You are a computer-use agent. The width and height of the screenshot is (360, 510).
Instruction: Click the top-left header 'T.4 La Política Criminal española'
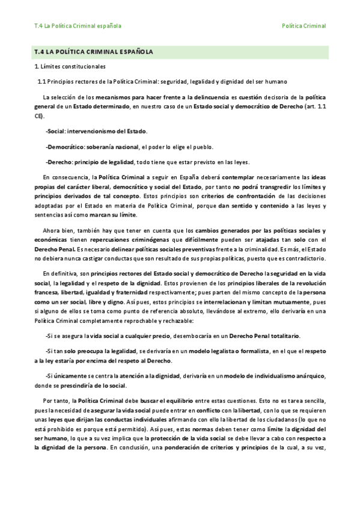tap(78, 26)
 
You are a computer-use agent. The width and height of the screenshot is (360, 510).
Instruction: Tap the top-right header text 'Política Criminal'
tap(304, 26)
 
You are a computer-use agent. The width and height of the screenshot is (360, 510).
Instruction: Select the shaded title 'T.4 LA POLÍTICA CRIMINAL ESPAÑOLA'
tap(95, 52)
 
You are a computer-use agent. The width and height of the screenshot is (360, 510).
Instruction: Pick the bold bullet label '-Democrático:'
tap(64, 146)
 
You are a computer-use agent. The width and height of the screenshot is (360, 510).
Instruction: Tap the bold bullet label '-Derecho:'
tap(59, 162)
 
